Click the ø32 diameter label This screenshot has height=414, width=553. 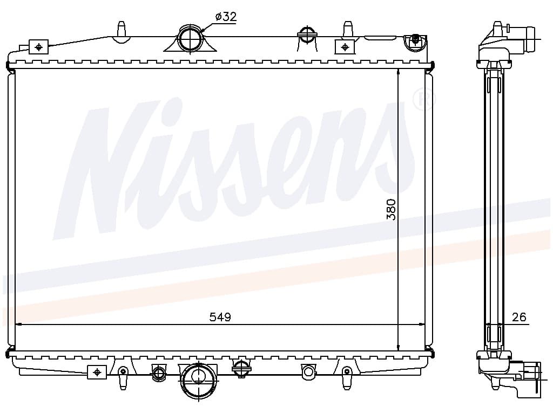[x=226, y=17]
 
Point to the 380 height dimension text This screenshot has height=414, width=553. [x=391, y=210]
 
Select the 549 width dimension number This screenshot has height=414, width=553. [x=220, y=317]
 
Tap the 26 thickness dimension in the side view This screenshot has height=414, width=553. [x=519, y=317]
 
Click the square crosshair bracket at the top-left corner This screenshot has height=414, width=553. [x=38, y=46]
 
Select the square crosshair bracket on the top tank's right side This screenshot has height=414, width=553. [x=345, y=46]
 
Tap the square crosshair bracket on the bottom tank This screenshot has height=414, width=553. [x=97, y=372]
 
